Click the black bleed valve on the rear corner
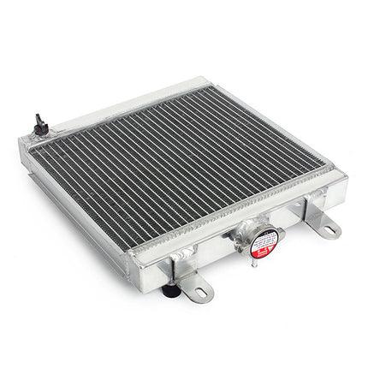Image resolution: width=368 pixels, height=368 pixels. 38,125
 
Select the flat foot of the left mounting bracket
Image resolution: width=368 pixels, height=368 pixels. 195,290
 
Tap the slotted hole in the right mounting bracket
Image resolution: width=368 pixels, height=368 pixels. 329,229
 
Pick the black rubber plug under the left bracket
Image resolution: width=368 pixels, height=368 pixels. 171,290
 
